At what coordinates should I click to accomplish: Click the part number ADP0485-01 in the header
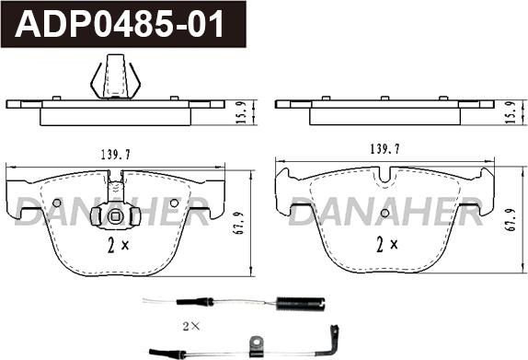(x=120, y=24)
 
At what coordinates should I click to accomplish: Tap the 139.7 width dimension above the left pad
(x=116, y=155)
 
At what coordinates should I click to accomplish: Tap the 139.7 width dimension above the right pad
(x=385, y=148)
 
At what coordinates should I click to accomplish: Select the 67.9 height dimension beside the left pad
(x=239, y=223)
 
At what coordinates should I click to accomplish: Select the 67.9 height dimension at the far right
(x=511, y=219)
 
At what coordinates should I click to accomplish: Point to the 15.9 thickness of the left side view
(x=242, y=112)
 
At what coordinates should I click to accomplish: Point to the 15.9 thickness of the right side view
(x=511, y=112)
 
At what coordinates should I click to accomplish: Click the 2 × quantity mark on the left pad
(x=118, y=245)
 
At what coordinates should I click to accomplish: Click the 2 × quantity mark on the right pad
(x=387, y=244)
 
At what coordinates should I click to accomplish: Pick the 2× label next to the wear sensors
(x=191, y=326)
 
